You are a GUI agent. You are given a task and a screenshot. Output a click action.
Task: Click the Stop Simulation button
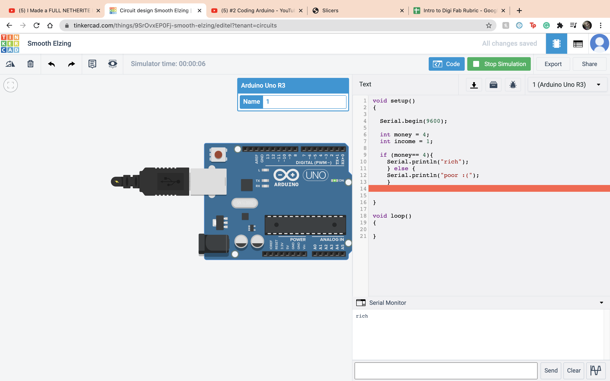[499, 64]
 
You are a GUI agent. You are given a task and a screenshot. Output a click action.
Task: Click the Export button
[553, 64]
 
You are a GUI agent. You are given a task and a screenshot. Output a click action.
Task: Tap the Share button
[589, 64]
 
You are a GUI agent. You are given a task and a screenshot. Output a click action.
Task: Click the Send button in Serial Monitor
[551, 370]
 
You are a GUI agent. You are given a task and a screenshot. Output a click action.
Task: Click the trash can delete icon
[30, 64]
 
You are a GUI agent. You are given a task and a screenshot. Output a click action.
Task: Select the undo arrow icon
[51, 64]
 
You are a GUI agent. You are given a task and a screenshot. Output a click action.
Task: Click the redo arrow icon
[72, 64]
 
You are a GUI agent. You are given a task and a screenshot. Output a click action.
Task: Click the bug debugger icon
[513, 85]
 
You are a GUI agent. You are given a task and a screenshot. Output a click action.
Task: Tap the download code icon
[474, 85]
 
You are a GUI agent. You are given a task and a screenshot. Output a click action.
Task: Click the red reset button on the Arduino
[218, 155]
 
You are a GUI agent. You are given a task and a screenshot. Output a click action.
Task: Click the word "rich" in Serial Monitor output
[362, 316]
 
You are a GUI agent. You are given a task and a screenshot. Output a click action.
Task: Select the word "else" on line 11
[401, 168]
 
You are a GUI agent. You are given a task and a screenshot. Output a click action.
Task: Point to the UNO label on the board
[316, 175]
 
